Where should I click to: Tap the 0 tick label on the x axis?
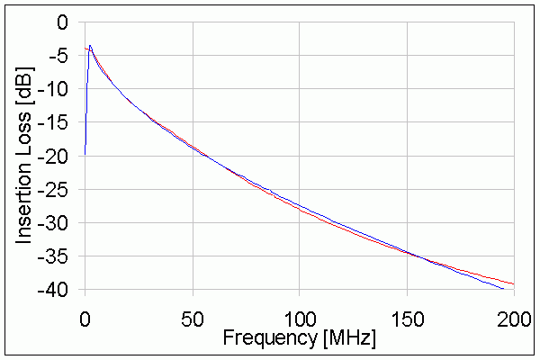[x=85, y=318]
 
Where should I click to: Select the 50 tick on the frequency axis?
[x=192, y=318]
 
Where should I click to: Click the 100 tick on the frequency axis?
[x=300, y=318]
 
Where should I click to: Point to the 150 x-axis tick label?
[x=407, y=318]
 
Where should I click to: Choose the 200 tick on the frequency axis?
[x=514, y=318]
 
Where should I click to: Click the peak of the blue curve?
[x=89, y=45]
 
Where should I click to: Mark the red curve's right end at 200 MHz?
[x=514, y=284]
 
